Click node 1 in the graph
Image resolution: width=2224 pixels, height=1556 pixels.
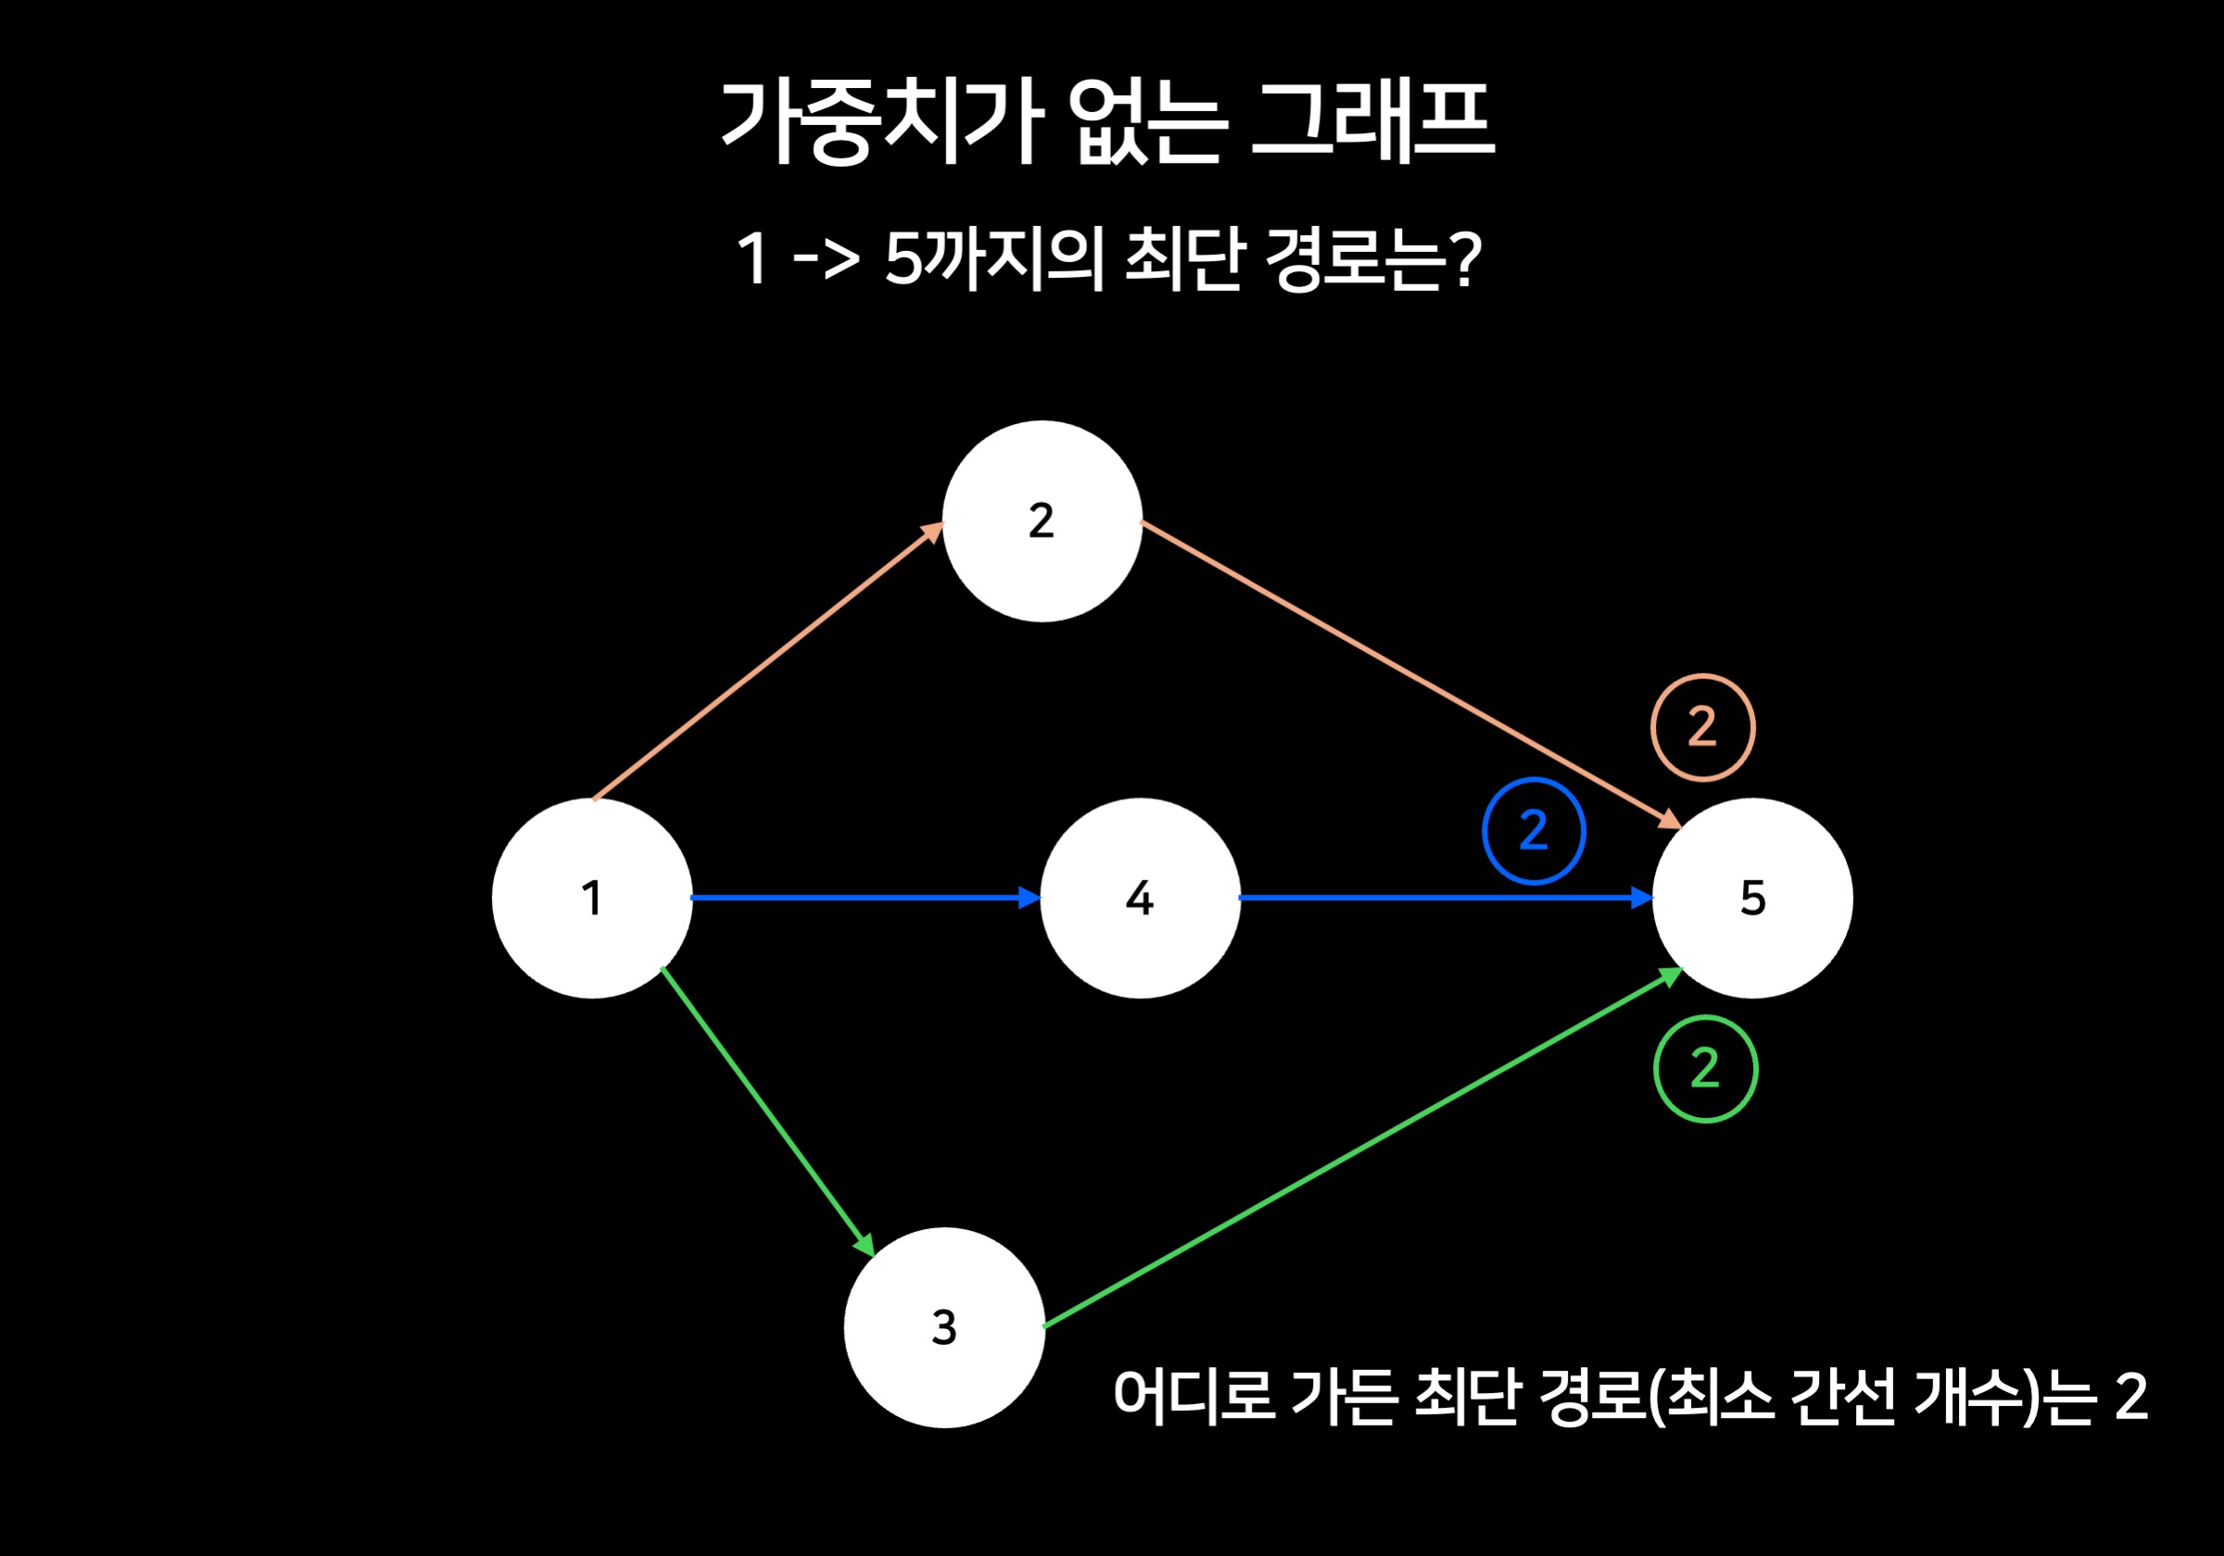point(592,897)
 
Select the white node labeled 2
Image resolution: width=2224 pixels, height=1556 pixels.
point(1042,521)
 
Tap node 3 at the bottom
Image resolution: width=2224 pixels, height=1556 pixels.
point(944,1327)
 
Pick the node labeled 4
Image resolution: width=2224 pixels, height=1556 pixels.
point(1140,897)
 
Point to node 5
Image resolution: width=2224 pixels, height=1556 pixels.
point(1752,897)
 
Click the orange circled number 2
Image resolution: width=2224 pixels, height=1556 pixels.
point(1702,727)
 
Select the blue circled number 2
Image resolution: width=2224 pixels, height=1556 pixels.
point(1534,831)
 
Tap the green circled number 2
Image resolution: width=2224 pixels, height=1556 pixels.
point(1705,1069)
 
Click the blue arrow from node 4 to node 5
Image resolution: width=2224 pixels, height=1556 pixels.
point(1443,897)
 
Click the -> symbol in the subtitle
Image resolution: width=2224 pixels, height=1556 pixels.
point(826,259)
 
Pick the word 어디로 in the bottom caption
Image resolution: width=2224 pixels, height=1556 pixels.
point(1194,1397)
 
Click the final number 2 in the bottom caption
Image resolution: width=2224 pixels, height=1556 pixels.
point(2131,1397)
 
